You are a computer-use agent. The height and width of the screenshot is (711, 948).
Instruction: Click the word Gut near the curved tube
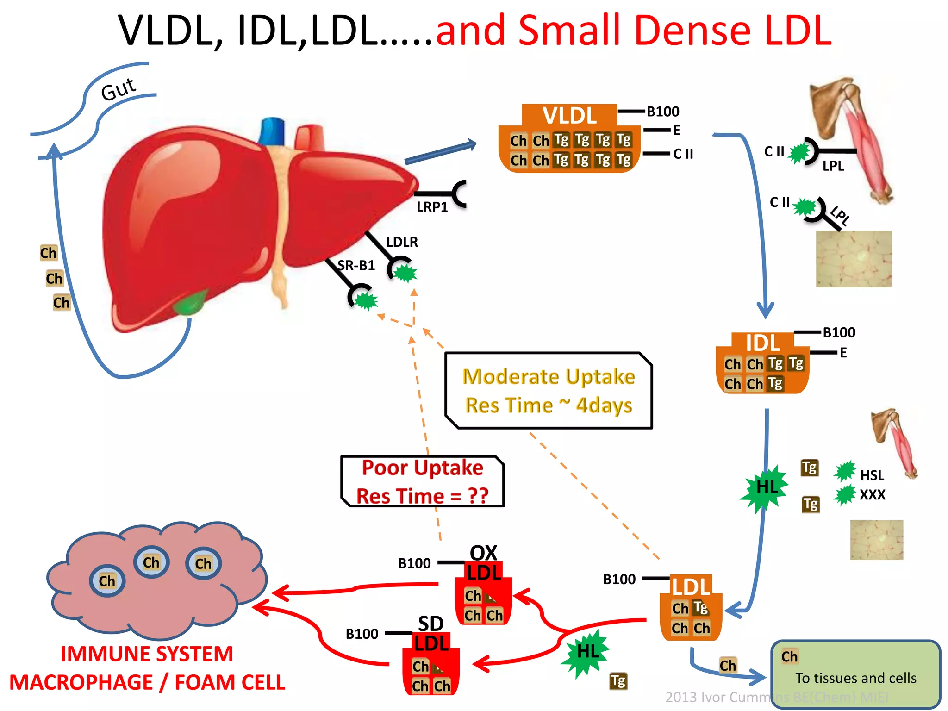(118, 89)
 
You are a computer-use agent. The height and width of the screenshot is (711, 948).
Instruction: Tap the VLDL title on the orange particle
(569, 115)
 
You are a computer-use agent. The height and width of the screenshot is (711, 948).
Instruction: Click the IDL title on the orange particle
(762, 343)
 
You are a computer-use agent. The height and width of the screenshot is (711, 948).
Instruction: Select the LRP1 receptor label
(432, 207)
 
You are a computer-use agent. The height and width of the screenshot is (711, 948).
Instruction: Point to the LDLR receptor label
(402, 242)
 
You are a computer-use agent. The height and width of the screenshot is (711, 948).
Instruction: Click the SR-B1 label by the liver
(356, 265)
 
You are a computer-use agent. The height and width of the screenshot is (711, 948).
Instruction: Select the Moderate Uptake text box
(549, 390)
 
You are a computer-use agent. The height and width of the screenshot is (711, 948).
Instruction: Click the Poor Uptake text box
(422, 481)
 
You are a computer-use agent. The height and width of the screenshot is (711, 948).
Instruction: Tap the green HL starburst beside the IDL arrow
(766, 487)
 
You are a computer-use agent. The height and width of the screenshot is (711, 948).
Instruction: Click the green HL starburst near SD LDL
(587, 652)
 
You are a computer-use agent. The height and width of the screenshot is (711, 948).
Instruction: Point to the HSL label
(872, 475)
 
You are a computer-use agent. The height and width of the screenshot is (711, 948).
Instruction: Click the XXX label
(872, 495)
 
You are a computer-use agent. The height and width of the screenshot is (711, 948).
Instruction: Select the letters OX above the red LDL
(483, 553)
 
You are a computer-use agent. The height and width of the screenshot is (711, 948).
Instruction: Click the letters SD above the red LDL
(430, 624)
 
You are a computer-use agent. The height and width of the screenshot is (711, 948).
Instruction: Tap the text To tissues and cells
(855, 678)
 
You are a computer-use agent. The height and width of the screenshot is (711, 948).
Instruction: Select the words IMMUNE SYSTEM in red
(147, 654)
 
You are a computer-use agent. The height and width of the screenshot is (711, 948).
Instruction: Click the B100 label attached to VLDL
(663, 112)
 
